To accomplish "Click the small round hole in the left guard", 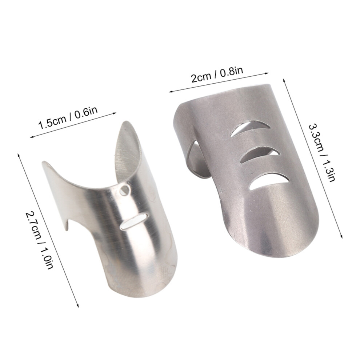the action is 125,190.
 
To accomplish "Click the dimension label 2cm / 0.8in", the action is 217,75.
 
